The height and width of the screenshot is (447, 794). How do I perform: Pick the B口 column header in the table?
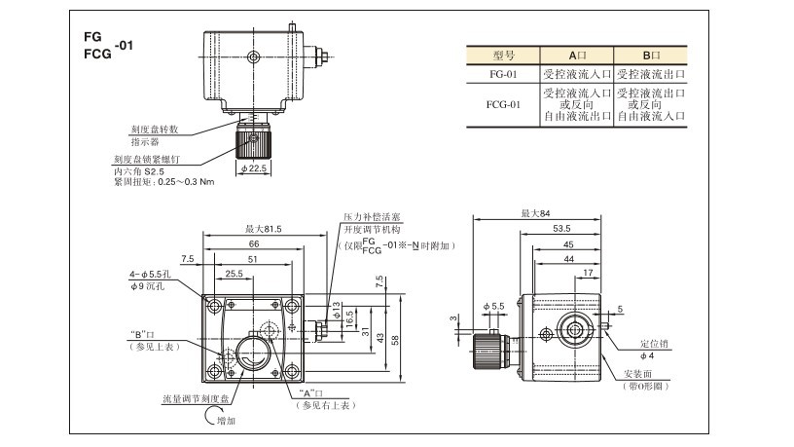[651, 55]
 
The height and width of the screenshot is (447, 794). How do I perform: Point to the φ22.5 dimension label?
[254, 168]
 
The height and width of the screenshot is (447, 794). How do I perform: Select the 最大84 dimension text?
[534, 212]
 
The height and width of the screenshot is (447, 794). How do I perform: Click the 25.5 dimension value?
[234, 274]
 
